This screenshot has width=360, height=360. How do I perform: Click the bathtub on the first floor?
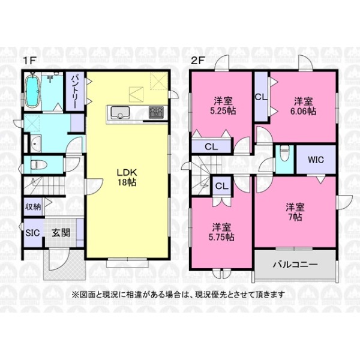(32, 91)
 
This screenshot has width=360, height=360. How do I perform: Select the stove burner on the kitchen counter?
(156, 112)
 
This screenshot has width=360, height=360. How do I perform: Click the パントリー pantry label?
(75, 92)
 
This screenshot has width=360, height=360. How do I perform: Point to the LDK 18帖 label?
(127, 177)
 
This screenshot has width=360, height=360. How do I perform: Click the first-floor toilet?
(38, 164)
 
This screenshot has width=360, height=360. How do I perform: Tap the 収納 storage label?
(33, 207)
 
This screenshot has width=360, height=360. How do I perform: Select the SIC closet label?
(32, 233)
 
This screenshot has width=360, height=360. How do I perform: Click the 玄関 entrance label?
(61, 233)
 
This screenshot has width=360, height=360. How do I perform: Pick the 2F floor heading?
(198, 61)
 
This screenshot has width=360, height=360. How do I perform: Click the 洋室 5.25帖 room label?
(223, 106)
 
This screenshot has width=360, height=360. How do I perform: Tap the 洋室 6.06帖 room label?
(303, 106)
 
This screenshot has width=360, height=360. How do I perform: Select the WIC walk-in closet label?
(316, 160)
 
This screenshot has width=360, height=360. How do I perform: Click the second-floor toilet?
(284, 152)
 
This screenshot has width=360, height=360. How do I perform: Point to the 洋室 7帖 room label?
(295, 212)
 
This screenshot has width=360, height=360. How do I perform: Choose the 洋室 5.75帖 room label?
(221, 232)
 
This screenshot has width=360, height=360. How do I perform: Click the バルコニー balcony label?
(295, 265)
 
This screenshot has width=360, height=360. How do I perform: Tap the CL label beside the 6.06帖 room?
(261, 97)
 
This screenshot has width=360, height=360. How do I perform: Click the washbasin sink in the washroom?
(35, 144)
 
